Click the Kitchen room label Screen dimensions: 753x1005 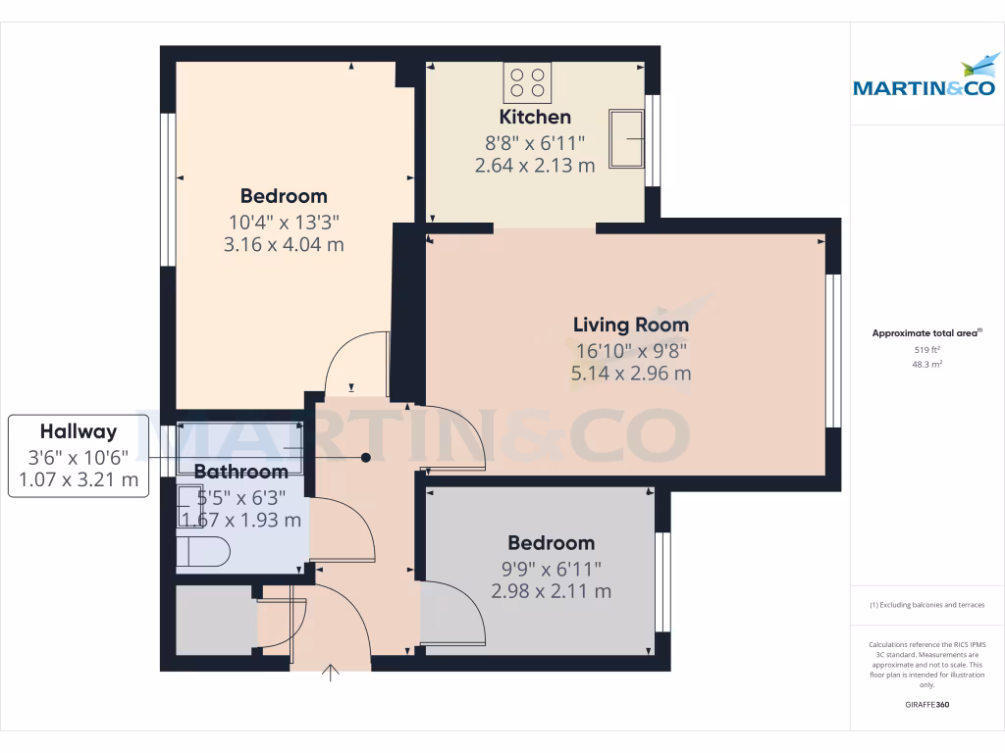[535, 118]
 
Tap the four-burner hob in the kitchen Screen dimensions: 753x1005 [527, 82]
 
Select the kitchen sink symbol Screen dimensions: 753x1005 [626, 138]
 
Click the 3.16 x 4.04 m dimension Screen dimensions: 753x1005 [284, 244]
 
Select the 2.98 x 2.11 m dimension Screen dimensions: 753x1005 [551, 591]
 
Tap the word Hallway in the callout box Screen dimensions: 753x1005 [79, 431]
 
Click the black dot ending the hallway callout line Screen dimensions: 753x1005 [366, 457]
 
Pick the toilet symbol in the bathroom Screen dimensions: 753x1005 [204, 551]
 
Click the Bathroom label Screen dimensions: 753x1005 [240, 472]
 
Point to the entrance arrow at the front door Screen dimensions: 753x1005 [331, 673]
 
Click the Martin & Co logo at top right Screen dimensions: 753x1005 [926, 78]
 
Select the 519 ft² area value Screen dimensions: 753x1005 [926, 349]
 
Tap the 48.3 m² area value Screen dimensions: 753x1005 [926, 364]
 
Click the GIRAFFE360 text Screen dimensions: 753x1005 [927, 705]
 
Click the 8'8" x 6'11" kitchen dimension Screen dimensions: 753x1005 [535, 142]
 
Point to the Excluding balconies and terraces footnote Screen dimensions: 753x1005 [926, 605]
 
